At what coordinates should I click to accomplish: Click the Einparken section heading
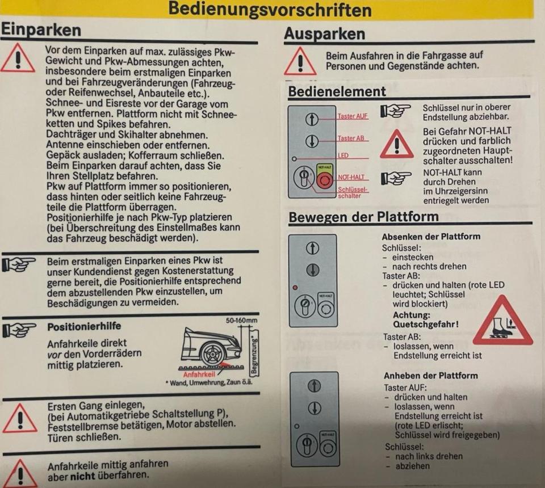click(41, 30)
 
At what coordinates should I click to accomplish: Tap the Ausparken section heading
click(325, 34)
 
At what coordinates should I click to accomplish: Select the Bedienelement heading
click(337, 91)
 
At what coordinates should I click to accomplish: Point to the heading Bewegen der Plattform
click(363, 217)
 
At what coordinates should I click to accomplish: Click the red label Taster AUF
click(353, 116)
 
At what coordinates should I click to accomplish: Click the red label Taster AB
click(351, 138)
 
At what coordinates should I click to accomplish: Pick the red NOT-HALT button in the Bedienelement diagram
click(325, 180)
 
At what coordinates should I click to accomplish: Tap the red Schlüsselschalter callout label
click(352, 193)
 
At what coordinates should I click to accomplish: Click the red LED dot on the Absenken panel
click(295, 288)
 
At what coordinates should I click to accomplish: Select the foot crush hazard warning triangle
click(502, 320)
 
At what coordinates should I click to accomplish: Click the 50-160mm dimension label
click(242, 320)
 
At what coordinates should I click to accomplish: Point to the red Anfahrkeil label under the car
click(199, 375)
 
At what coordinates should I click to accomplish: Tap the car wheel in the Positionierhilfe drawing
click(212, 354)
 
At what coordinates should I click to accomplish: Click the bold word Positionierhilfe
click(84, 326)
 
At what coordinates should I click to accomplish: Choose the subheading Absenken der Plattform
click(431, 237)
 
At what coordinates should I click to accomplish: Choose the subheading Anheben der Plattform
click(431, 376)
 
